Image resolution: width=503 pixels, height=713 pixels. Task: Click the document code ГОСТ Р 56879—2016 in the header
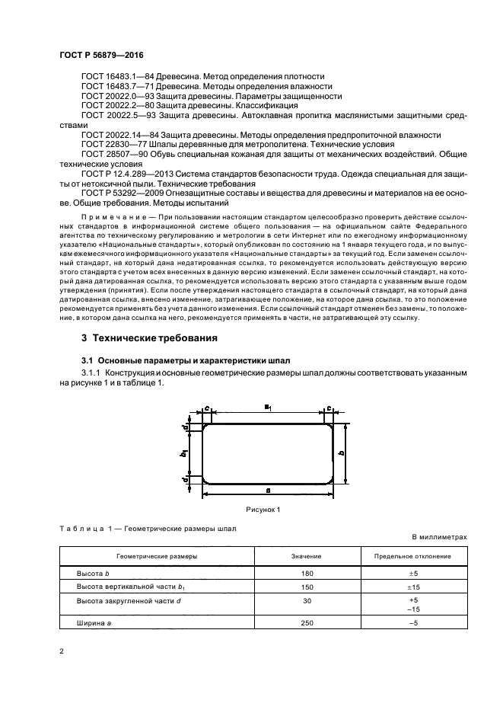pyautogui.click(x=101, y=56)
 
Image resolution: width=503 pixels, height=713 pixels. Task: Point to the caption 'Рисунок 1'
pyautogui.click(x=263, y=509)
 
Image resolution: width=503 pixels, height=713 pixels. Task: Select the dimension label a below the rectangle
pyautogui.click(x=268, y=491)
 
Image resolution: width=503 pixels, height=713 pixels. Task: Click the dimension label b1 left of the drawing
pyautogui.click(x=183, y=453)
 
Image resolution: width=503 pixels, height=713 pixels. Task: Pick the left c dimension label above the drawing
pyautogui.click(x=207, y=408)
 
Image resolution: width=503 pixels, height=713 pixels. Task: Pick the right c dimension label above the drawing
pyautogui.click(x=328, y=408)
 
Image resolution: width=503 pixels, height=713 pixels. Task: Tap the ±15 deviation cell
pyautogui.click(x=414, y=587)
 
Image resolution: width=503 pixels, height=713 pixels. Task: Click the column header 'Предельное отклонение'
pyautogui.click(x=414, y=556)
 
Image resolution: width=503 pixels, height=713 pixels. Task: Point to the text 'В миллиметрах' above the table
pyautogui.click(x=440, y=537)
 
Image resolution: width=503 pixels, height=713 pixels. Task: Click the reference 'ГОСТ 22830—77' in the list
pyautogui.click(x=106, y=144)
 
